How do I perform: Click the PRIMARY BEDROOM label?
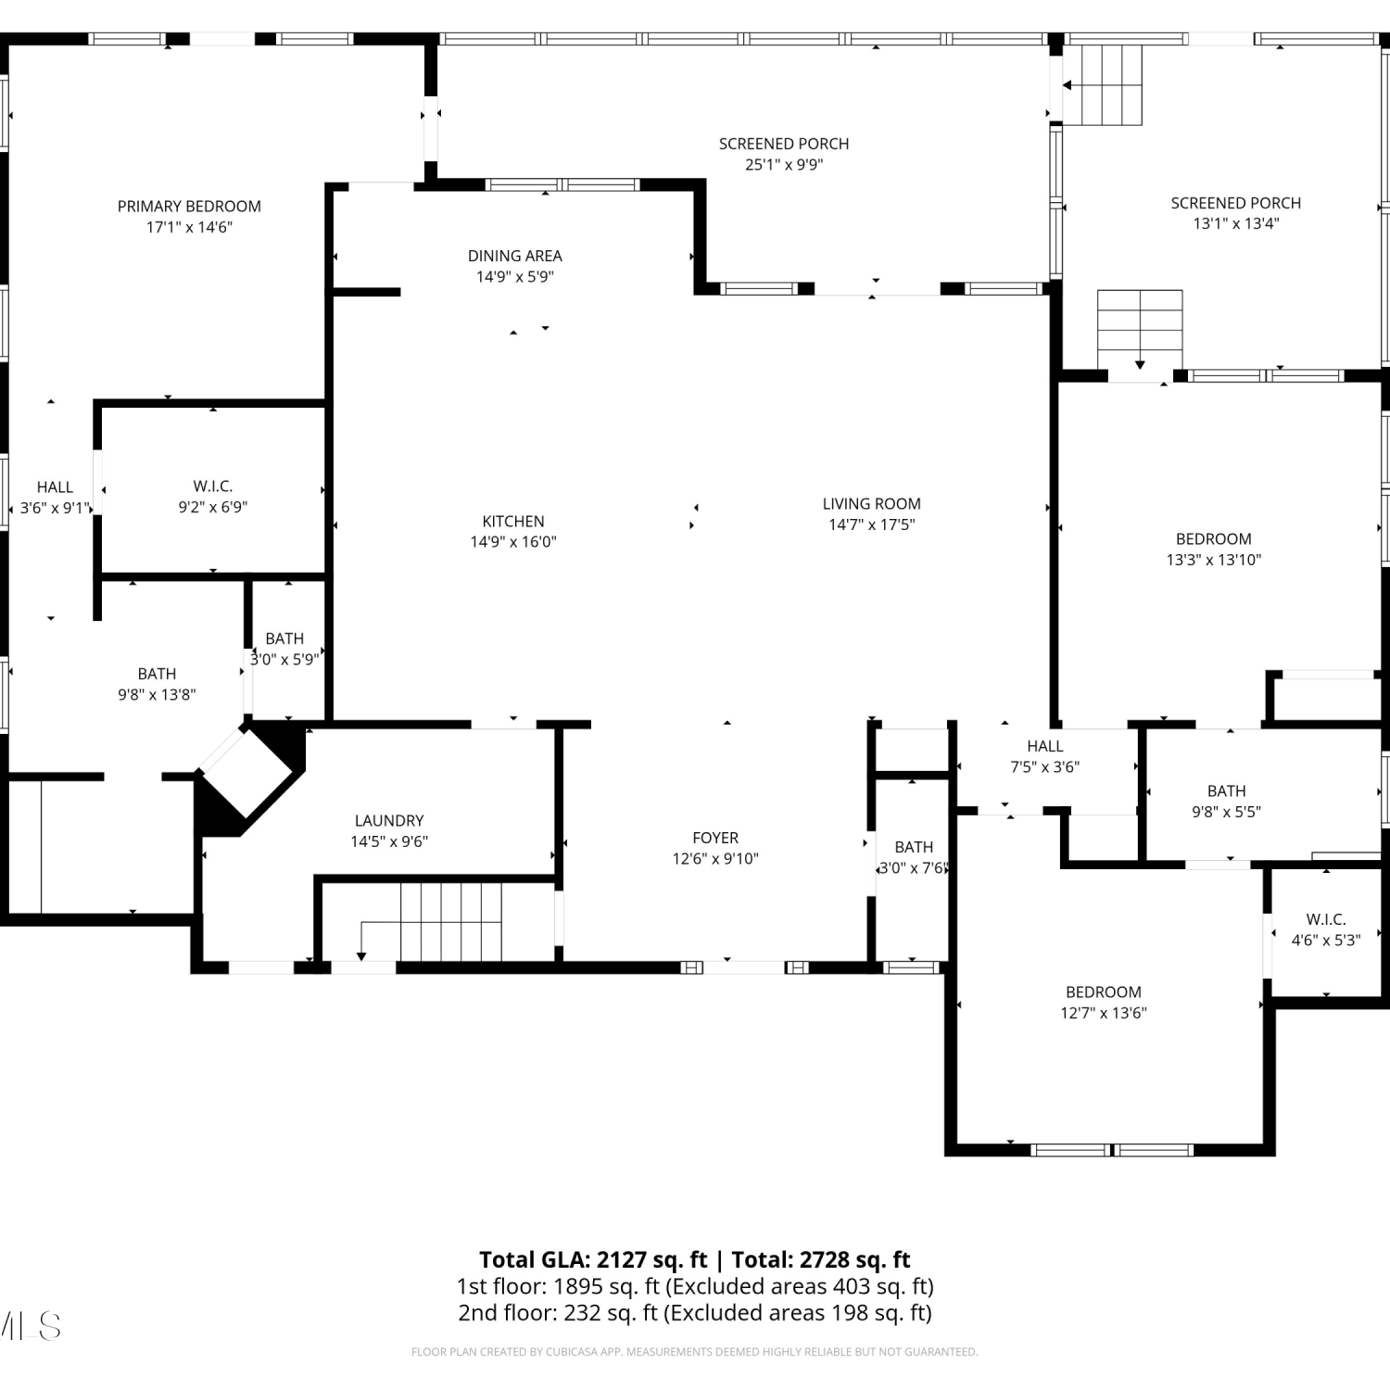(189, 206)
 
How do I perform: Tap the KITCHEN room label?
(513, 521)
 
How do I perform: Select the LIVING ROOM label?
(872, 503)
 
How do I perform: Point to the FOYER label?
(715, 838)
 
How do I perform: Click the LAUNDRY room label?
(389, 820)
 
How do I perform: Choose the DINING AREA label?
(515, 256)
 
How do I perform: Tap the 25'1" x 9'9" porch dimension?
(784, 164)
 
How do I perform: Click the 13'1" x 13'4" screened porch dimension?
(1236, 223)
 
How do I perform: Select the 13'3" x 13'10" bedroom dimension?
(1214, 560)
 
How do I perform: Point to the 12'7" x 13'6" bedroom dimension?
(1104, 1013)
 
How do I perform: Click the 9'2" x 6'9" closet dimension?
(213, 507)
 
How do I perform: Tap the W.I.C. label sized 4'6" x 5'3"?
(1326, 919)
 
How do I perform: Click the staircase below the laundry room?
(450, 922)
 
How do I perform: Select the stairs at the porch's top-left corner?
(1103, 84)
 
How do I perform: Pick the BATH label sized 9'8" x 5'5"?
(1227, 790)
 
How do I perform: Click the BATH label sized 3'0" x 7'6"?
(914, 847)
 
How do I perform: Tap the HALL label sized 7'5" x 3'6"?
(1045, 746)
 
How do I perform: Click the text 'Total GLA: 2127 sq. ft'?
(593, 1259)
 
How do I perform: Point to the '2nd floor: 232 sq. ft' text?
(558, 1312)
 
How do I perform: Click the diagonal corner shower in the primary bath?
(248, 771)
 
